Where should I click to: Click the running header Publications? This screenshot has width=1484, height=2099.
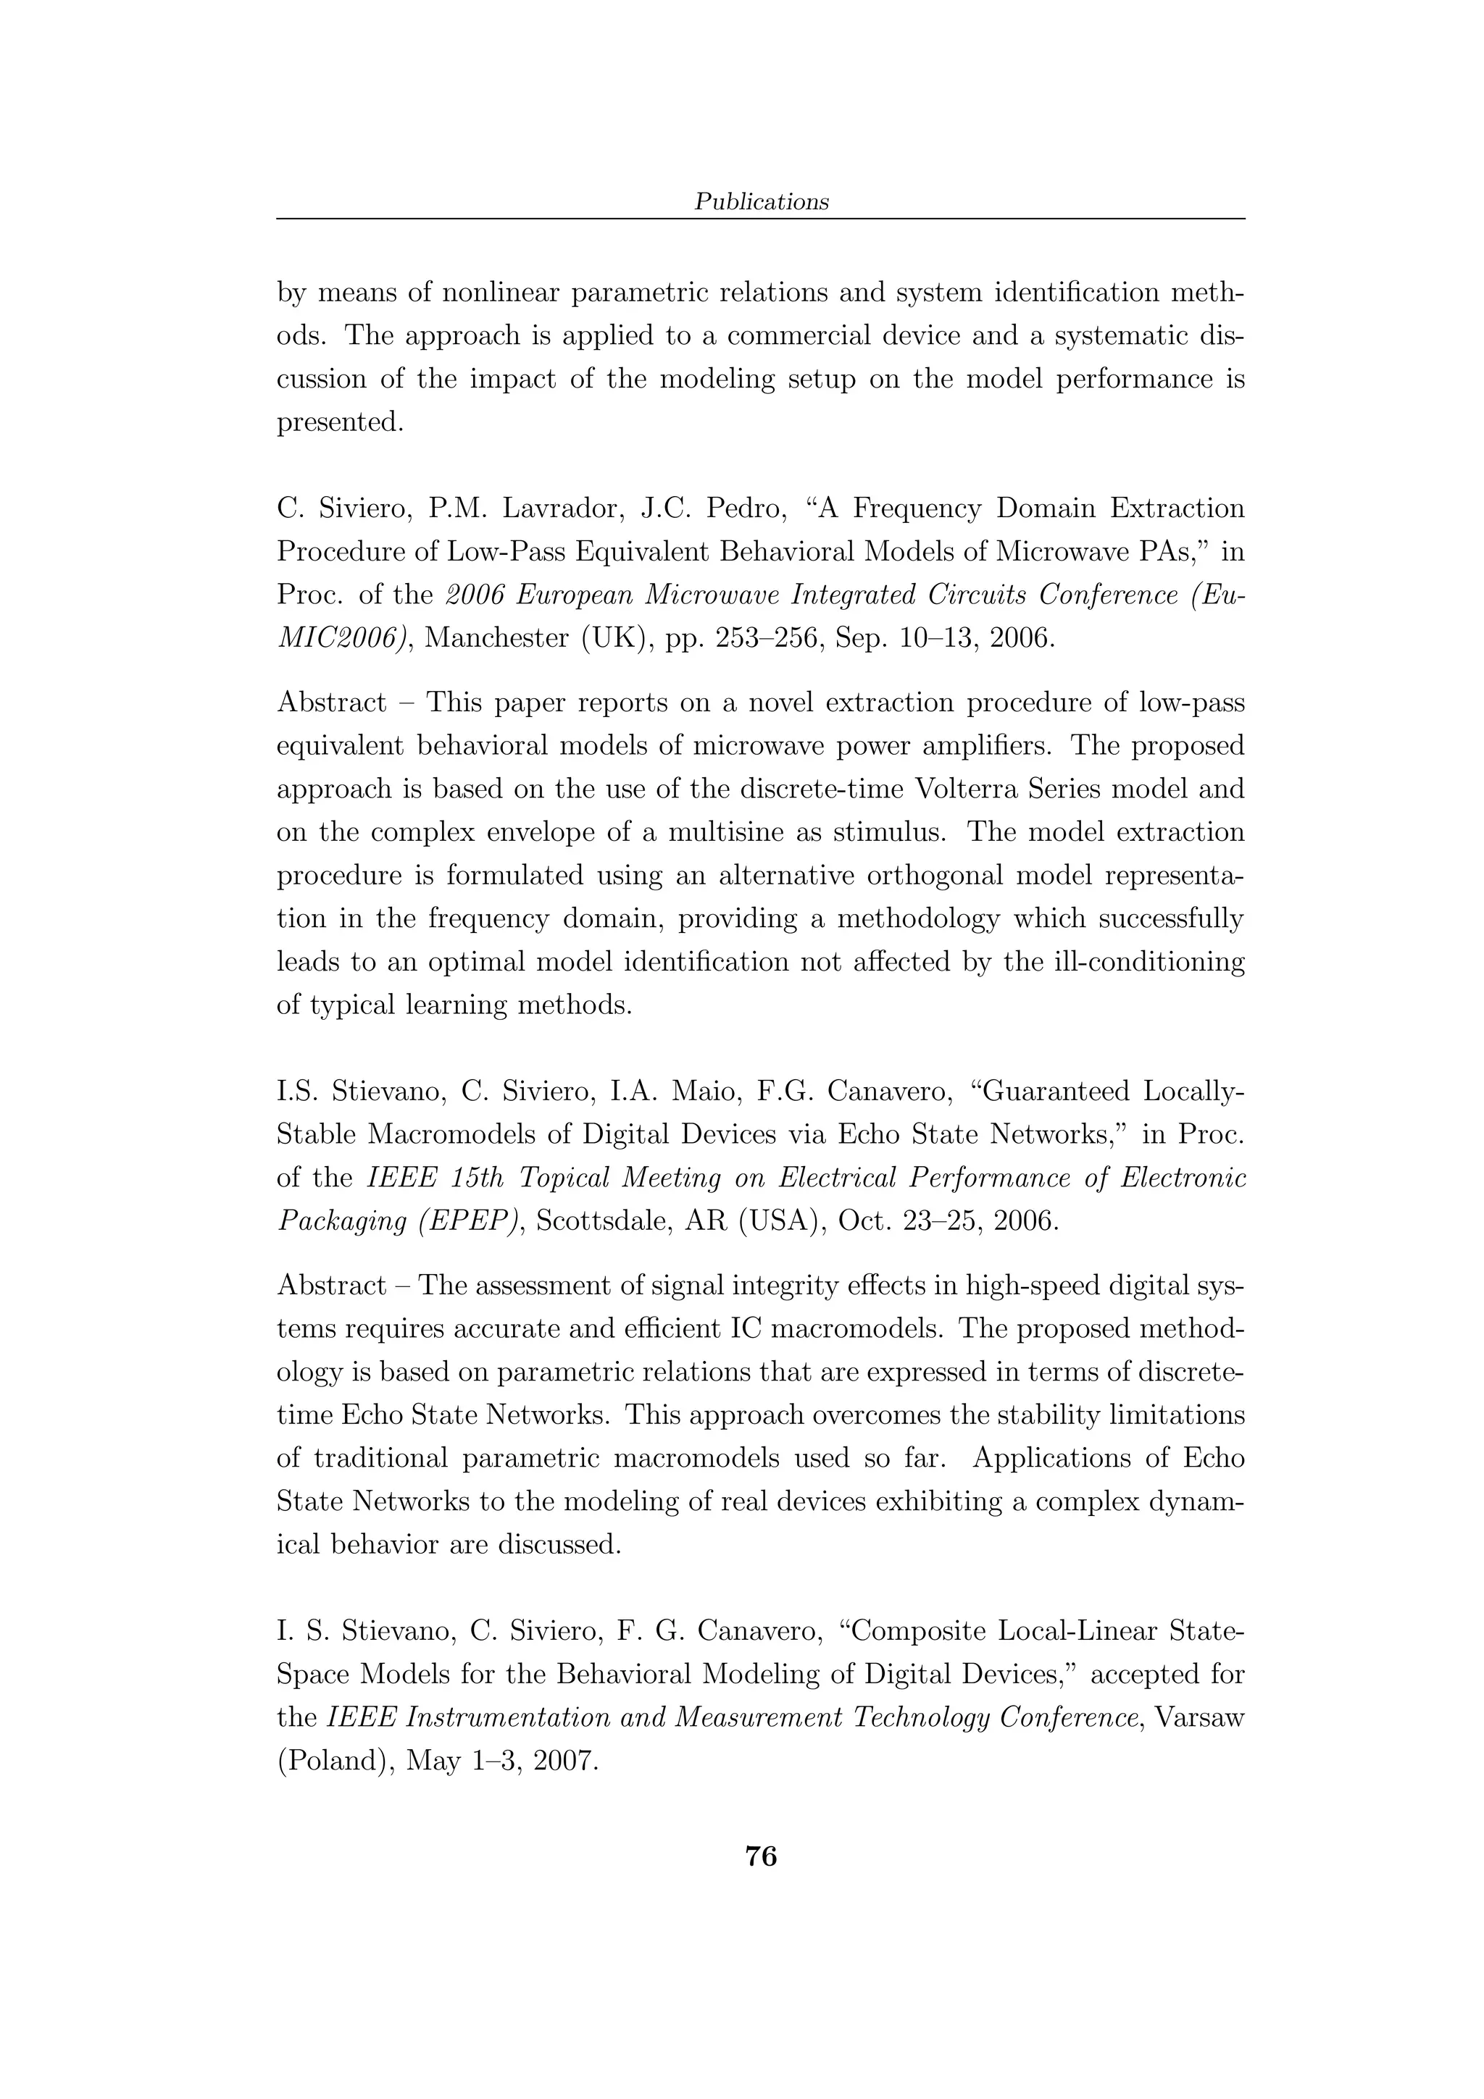[x=761, y=202]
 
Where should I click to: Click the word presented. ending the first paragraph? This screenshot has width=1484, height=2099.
[x=340, y=423]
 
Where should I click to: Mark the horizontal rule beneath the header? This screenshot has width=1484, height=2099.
[x=761, y=219]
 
